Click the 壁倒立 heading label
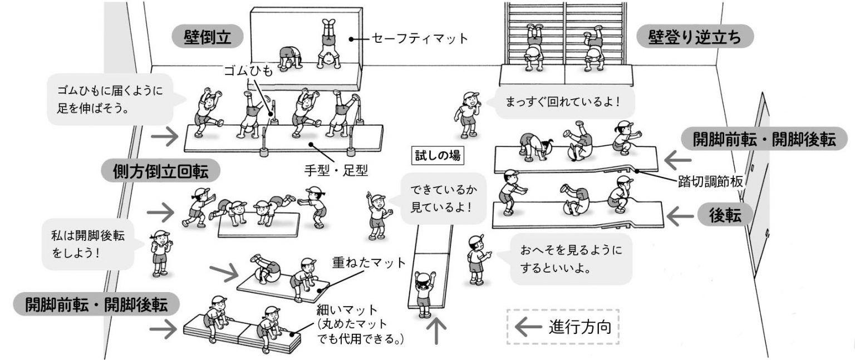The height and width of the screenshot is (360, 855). [208, 37]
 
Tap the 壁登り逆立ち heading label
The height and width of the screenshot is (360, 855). [695, 37]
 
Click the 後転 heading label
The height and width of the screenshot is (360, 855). [725, 216]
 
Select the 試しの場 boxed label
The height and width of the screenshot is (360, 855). [438, 156]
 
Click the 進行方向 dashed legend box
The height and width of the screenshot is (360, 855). [562, 327]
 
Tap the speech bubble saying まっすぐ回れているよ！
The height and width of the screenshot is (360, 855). [562, 103]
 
